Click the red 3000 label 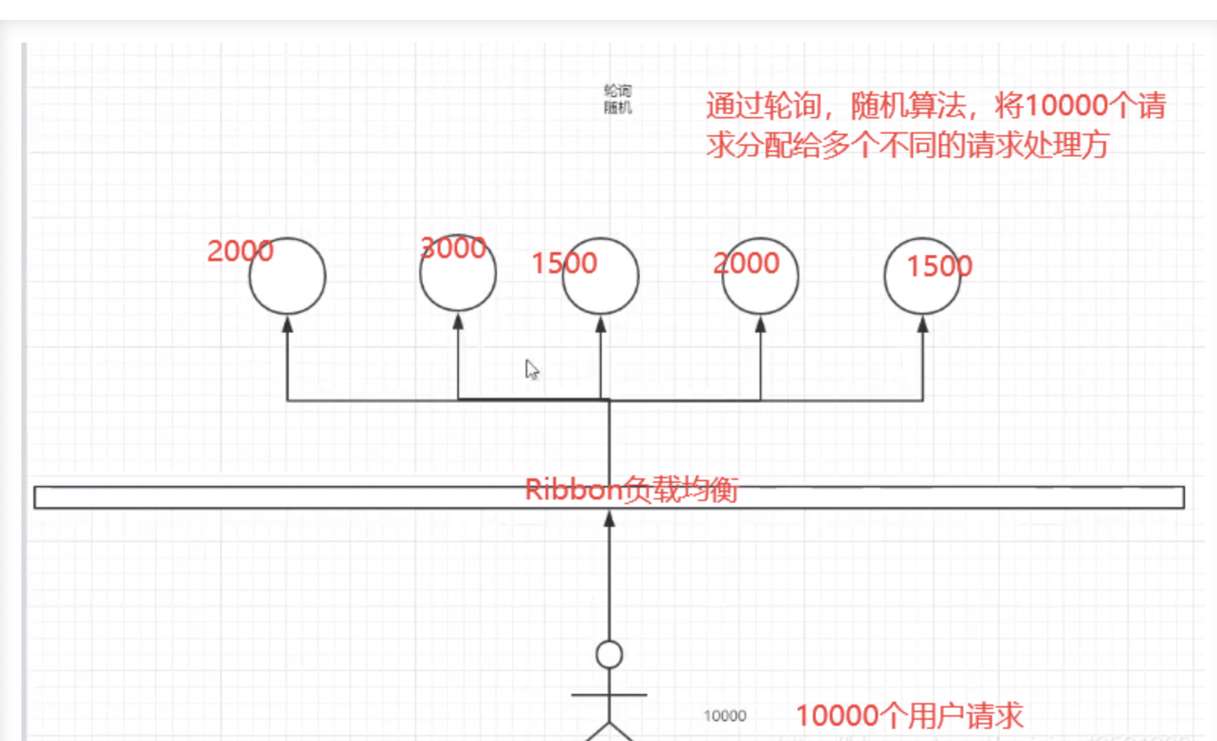point(453,248)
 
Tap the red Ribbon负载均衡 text point(631,490)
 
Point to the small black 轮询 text point(618,90)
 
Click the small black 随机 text point(618,108)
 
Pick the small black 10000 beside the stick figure point(725,716)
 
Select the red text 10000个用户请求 point(909,716)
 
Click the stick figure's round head point(609,654)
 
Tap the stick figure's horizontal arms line point(609,695)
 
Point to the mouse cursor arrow point(531,369)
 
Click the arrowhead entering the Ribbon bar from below point(609,519)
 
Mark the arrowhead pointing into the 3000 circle point(458,322)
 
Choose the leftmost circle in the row point(287,276)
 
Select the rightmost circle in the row point(922,276)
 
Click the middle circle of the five point(601,276)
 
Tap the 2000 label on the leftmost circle point(240,251)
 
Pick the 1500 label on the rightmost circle point(939,266)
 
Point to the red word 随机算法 point(909,105)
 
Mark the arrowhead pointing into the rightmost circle point(922,324)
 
